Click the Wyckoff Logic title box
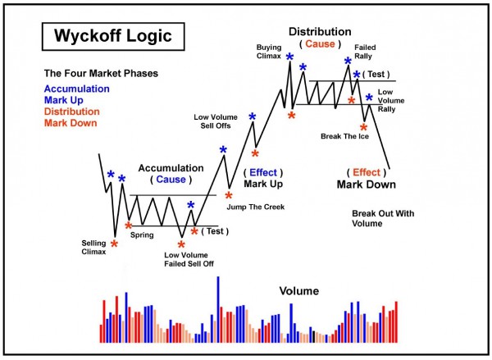point(102,37)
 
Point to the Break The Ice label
point(344,136)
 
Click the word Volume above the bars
point(298,291)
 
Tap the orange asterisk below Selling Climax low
point(114,244)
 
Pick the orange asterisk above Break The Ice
point(363,128)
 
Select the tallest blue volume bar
point(218,310)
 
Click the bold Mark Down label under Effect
point(365,185)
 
